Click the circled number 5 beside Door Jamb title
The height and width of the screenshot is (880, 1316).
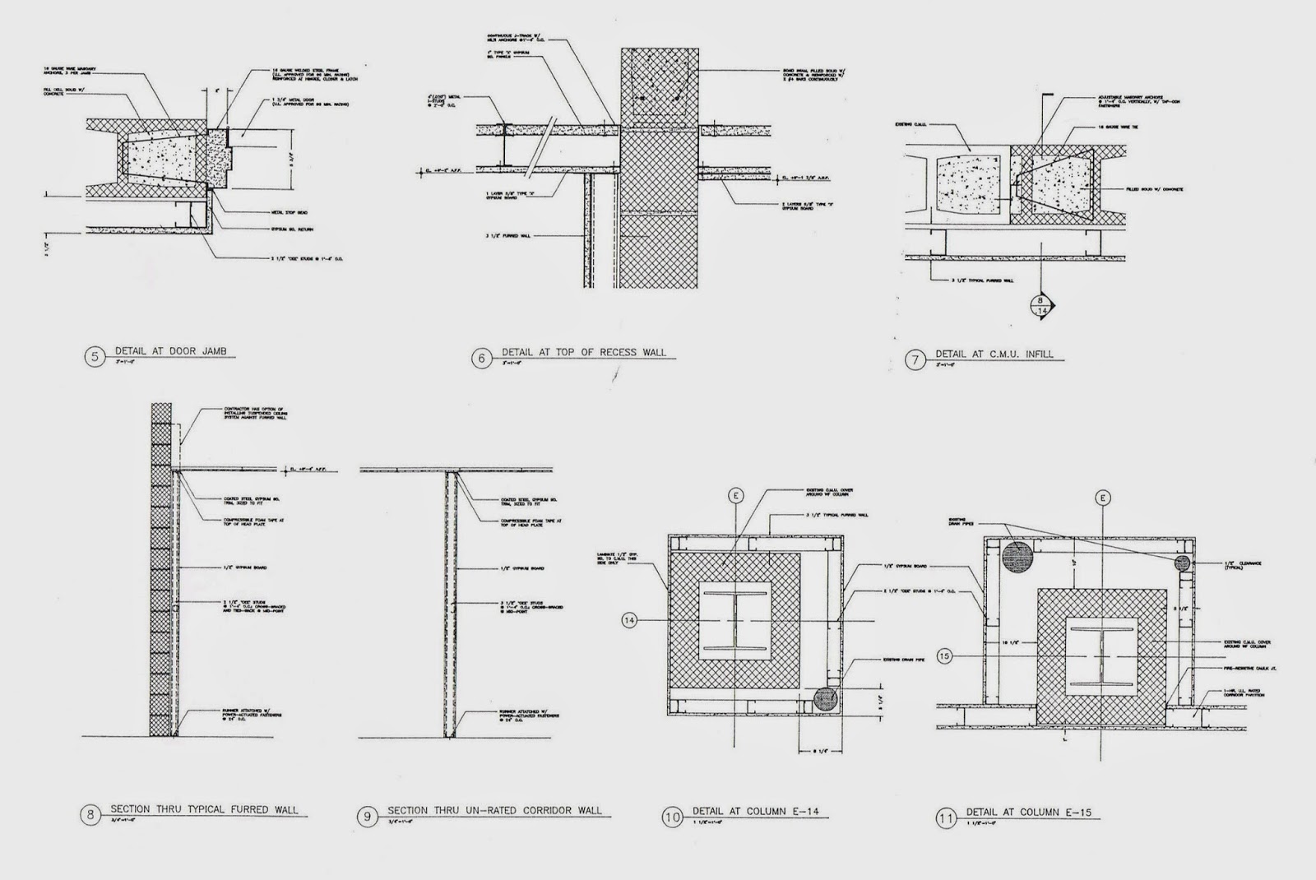coord(96,357)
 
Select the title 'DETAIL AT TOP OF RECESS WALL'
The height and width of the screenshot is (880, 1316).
coord(583,353)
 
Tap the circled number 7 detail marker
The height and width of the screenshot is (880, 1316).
coord(915,360)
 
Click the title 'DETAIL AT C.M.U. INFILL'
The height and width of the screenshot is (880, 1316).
coord(994,354)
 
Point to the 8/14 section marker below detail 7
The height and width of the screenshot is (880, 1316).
coord(1042,305)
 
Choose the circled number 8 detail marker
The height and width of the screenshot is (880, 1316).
coord(90,815)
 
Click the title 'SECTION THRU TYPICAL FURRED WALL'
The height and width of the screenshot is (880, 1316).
coord(204,809)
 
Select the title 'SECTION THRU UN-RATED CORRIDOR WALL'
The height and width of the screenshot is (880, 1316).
coord(493,810)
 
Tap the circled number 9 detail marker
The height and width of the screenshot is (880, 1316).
coord(367,817)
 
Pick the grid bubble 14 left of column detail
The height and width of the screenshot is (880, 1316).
coord(630,620)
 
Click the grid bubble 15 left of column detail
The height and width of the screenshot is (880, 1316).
coord(945,655)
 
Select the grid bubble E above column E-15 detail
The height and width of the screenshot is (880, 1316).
coord(1103,498)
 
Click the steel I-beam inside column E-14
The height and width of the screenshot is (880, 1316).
coord(734,620)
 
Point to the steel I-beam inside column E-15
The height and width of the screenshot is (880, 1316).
coord(1103,655)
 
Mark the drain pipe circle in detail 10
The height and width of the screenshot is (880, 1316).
coord(825,699)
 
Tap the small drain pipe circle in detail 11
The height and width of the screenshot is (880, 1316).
coord(1182,563)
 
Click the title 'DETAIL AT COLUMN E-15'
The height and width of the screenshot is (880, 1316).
coord(1028,812)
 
